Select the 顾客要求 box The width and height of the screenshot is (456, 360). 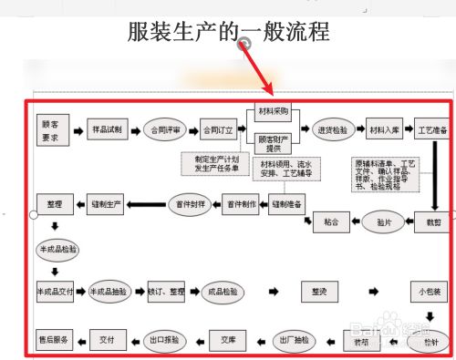53,129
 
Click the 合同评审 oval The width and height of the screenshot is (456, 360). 166,129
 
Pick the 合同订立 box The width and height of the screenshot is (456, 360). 219,129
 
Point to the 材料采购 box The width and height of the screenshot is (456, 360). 273,114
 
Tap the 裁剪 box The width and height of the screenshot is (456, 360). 433,220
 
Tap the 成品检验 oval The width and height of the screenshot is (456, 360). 223,292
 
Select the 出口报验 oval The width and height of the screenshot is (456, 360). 165,339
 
